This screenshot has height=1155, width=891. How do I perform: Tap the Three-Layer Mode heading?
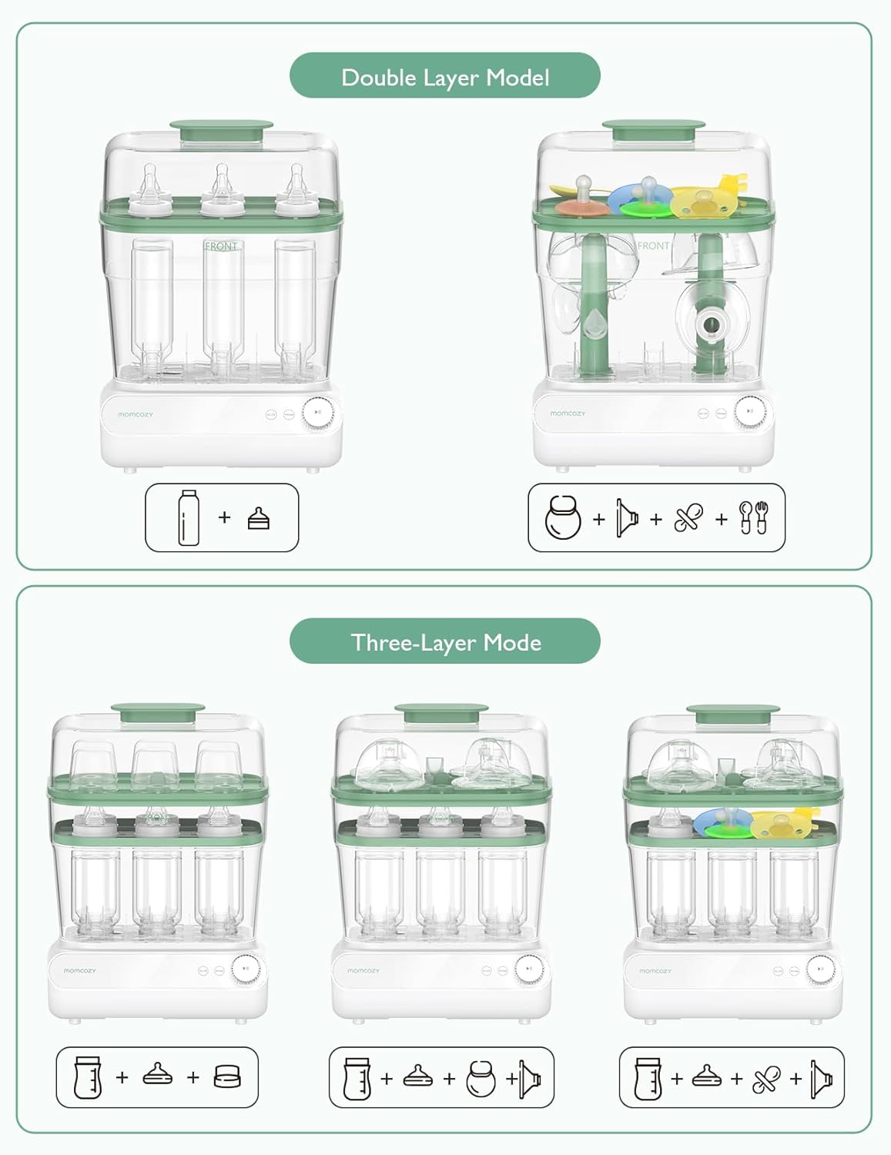click(x=445, y=641)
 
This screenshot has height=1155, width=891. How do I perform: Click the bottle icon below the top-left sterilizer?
click(x=188, y=517)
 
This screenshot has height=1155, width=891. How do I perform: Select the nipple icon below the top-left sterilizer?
click(x=259, y=518)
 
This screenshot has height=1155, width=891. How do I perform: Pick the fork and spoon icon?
click(x=753, y=517)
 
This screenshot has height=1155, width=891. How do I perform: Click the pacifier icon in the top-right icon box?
click(x=688, y=517)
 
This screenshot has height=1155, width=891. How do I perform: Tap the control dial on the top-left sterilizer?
click(x=317, y=413)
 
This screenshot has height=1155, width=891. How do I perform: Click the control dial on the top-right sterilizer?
click(x=749, y=412)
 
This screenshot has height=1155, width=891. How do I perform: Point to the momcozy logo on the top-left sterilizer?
click(x=136, y=414)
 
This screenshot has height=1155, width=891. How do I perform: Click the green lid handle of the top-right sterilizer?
click(x=654, y=129)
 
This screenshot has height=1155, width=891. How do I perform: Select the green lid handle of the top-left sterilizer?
click(x=221, y=129)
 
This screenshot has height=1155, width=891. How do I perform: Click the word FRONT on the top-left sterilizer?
click(x=221, y=246)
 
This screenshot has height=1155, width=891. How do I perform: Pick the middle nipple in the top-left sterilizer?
click(x=222, y=189)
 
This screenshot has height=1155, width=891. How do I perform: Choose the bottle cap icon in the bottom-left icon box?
click(x=227, y=1076)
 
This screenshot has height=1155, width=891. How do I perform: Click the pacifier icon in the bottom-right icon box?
click(x=766, y=1079)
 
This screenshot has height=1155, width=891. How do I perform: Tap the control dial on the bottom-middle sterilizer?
click(x=528, y=969)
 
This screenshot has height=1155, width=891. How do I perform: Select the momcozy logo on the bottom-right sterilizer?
click(x=655, y=971)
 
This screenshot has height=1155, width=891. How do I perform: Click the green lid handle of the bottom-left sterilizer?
click(x=158, y=711)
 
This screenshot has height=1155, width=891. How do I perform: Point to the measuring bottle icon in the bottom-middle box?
click(x=357, y=1078)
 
